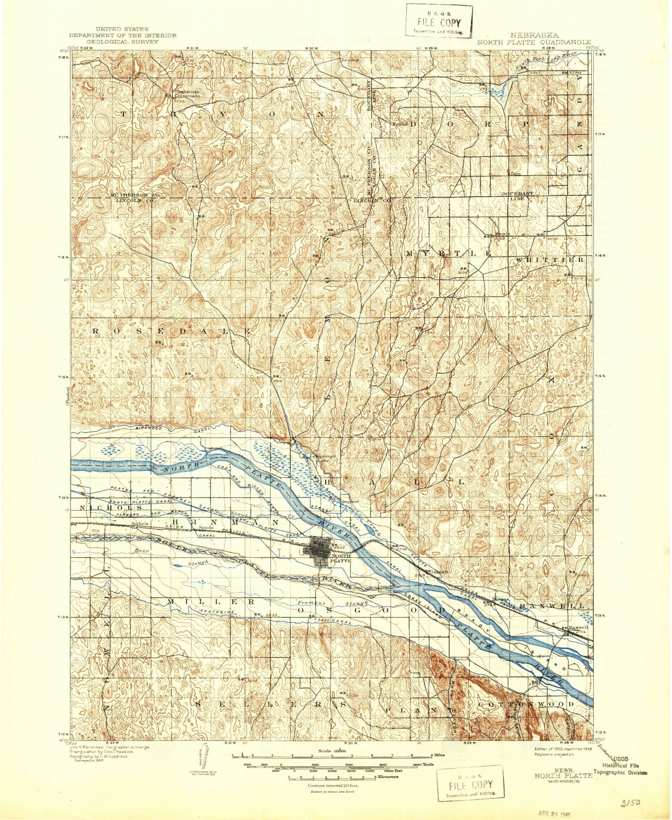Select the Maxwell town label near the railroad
point(578,627)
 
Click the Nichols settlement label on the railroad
point(139,523)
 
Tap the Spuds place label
point(205,528)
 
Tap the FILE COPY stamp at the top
point(439,22)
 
